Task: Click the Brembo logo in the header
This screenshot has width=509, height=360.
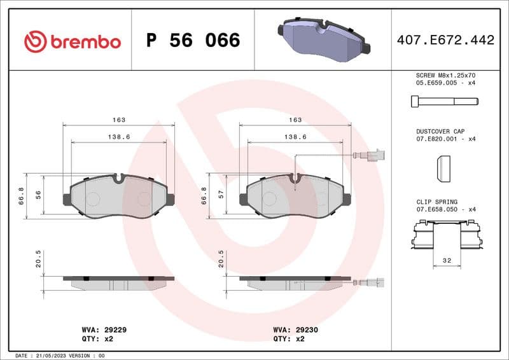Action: [72, 42]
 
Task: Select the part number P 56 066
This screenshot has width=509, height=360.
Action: [193, 41]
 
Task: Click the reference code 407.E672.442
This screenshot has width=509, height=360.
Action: [445, 41]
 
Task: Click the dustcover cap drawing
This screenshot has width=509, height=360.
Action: [443, 169]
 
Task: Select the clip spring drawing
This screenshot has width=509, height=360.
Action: [444, 235]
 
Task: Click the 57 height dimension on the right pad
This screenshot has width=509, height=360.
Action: [222, 196]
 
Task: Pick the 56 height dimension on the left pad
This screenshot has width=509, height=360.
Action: [38, 196]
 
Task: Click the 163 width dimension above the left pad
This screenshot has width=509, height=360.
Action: [119, 120]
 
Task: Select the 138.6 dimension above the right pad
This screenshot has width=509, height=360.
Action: [295, 137]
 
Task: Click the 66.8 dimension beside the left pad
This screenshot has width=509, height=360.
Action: [21, 196]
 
